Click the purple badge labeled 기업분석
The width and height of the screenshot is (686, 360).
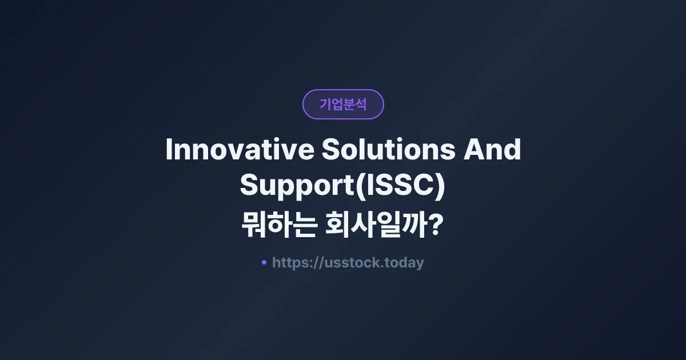click(x=343, y=104)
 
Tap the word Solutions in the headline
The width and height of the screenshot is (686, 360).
click(x=387, y=150)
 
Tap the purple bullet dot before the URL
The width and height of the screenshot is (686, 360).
click(x=264, y=262)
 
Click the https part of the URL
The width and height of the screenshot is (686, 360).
click(x=291, y=263)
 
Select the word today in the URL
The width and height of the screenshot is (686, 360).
click(x=405, y=263)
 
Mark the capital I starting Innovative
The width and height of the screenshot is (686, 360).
click(x=169, y=150)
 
